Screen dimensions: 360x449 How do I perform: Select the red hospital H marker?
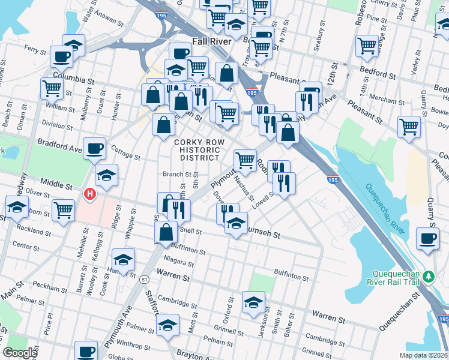pos(90,194)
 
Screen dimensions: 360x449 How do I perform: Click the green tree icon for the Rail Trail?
pos(428,277)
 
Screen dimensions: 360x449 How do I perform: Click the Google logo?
pos(20,353)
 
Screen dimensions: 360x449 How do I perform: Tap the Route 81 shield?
pos(143,280)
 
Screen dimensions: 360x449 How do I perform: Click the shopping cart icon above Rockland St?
pos(63,210)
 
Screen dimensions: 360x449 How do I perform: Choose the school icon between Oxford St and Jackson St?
pos(253,302)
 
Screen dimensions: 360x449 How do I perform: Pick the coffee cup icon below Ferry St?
pos(62,57)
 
